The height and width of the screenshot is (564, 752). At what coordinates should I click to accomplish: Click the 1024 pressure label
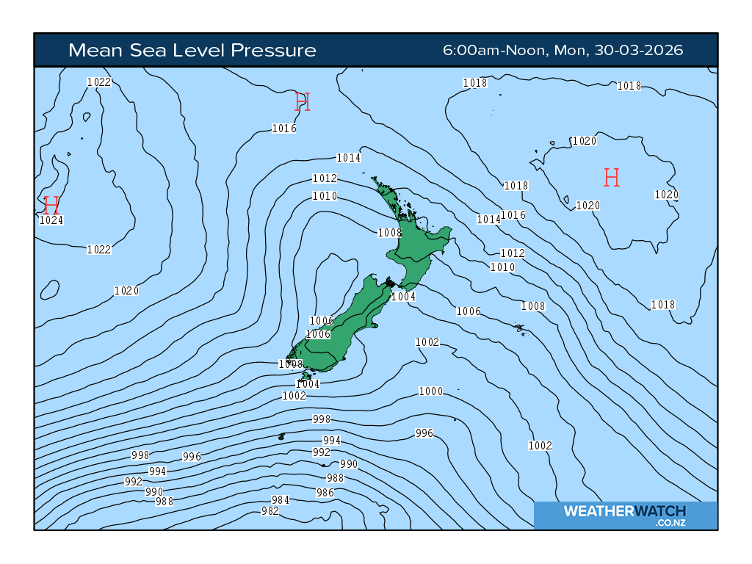pyautogui.click(x=51, y=220)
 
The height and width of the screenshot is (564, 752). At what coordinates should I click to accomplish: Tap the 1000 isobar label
pyautogui.click(x=431, y=391)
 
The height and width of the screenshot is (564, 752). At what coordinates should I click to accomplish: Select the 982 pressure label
pyautogui.click(x=270, y=511)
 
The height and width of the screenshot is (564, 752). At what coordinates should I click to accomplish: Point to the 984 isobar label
pyautogui.click(x=281, y=500)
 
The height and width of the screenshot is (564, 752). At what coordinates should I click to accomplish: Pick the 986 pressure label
pyautogui.click(x=325, y=493)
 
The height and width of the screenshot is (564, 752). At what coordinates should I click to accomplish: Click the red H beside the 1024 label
pyautogui.click(x=51, y=205)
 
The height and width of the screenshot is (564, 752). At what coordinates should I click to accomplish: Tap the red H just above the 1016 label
pyautogui.click(x=303, y=101)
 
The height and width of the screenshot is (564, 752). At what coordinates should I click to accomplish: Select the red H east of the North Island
pyautogui.click(x=612, y=177)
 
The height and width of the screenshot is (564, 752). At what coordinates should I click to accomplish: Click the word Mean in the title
pyautogui.click(x=92, y=50)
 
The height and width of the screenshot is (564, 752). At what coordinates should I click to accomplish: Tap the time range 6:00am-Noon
pyautogui.click(x=493, y=50)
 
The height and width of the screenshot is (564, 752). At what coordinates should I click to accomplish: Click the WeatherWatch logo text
pyautogui.click(x=624, y=511)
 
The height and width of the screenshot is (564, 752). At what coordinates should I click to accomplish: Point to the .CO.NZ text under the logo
pyautogui.click(x=669, y=523)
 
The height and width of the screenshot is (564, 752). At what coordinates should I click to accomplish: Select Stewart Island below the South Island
pyautogui.click(x=307, y=376)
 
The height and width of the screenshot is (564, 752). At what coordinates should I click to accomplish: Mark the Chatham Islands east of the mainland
pyautogui.click(x=520, y=328)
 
